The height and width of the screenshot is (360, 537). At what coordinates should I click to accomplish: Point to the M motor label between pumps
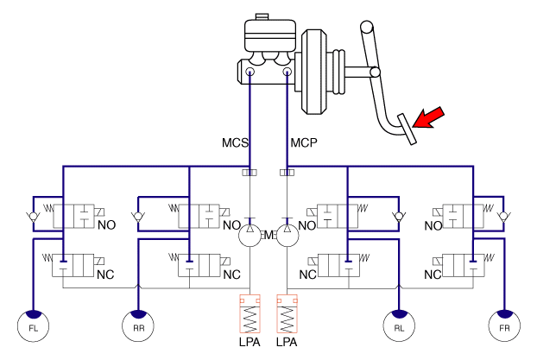click(268, 235)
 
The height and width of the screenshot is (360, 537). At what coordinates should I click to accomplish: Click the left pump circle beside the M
click(250, 233)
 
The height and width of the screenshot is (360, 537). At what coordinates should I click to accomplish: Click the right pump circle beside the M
click(287, 233)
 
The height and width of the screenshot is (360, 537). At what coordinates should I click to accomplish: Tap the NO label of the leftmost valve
click(107, 226)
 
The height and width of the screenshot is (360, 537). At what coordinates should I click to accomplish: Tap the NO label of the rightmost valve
click(435, 226)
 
